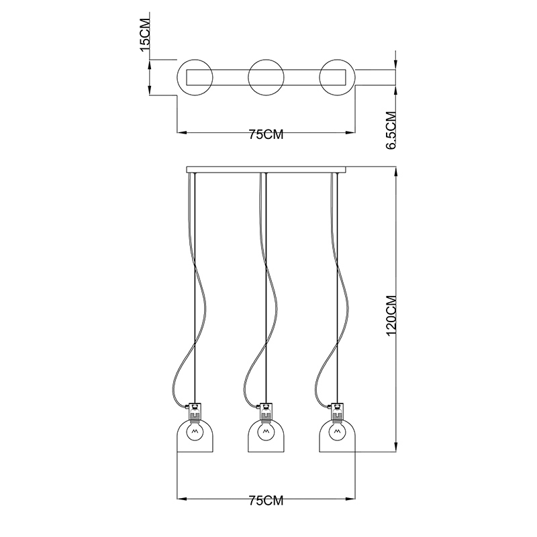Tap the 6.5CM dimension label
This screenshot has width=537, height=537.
[x=391, y=130]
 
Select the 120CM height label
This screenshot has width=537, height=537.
[x=391, y=315]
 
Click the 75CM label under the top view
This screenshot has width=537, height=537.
[x=266, y=135]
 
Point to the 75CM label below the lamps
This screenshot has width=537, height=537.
[x=266, y=501]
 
